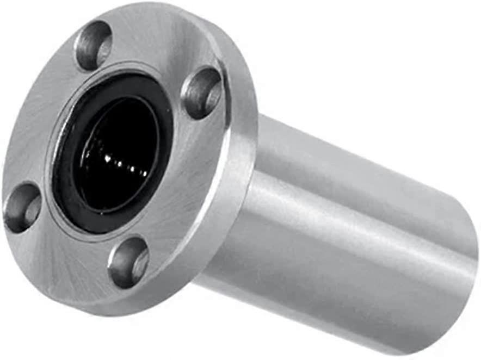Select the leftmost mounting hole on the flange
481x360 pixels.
tap(22, 207)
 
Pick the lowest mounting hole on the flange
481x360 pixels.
tap(128, 262)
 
